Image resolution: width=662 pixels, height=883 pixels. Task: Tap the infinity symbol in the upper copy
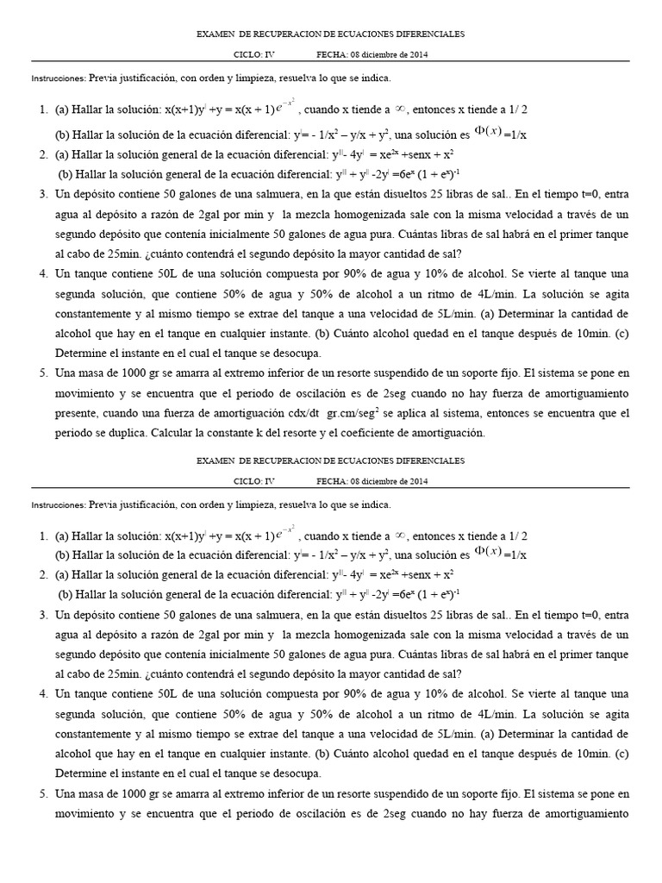coord(400,110)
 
